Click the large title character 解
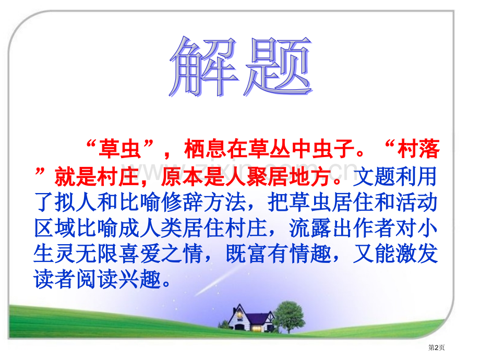(203, 67)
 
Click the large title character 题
(278, 66)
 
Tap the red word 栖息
(206, 149)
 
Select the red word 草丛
(269, 149)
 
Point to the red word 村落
(418, 149)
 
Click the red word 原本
(182, 177)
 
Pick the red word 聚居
(267, 177)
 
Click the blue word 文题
(374, 177)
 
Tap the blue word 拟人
(76, 202)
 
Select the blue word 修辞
(182, 202)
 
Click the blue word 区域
(55, 228)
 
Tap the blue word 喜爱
(140, 254)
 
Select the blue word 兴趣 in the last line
(140, 280)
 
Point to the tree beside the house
(289, 317)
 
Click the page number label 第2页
(436, 347)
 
